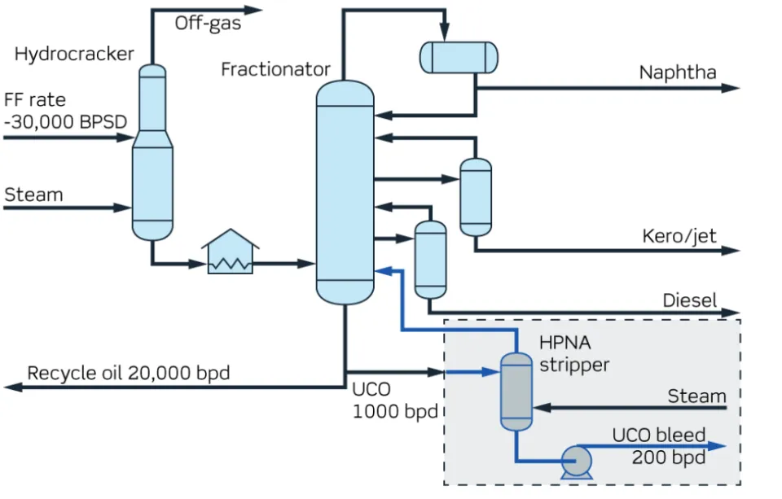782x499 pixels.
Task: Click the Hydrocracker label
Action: pyautogui.click(x=74, y=55)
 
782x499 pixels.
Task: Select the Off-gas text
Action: pyautogui.click(x=208, y=24)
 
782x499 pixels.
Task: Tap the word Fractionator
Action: pyautogui.click(x=275, y=69)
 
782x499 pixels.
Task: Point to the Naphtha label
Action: pyautogui.click(x=678, y=72)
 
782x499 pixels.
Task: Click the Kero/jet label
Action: pyautogui.click(x=679, y=236)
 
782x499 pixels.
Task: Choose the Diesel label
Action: pyautogui.click(x=689, y=300)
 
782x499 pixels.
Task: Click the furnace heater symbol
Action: pyautogui.click(x=230, y=253)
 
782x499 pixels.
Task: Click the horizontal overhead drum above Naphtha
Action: pyautogui.click(x=458, y=56)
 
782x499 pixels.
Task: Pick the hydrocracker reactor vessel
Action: pyautogui.click(x=152, y=155)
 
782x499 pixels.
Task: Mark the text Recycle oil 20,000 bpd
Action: pyautogui.click(x=129, y=374)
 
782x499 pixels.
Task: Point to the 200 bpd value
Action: pyautogui.click(x=668, y=457)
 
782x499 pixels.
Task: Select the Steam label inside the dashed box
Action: pyautogui.click(x=696, y=396)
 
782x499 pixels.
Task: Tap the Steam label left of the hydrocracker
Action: pyautogui.click(x=33, y=195)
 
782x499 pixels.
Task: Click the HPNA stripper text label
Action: pyautogui.click(x=573, y=355)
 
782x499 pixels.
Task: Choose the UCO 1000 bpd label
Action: pyautogui.click(x=394, y=400)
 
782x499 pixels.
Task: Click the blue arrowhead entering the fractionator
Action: pyautogui.click(x=382, y=271)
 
